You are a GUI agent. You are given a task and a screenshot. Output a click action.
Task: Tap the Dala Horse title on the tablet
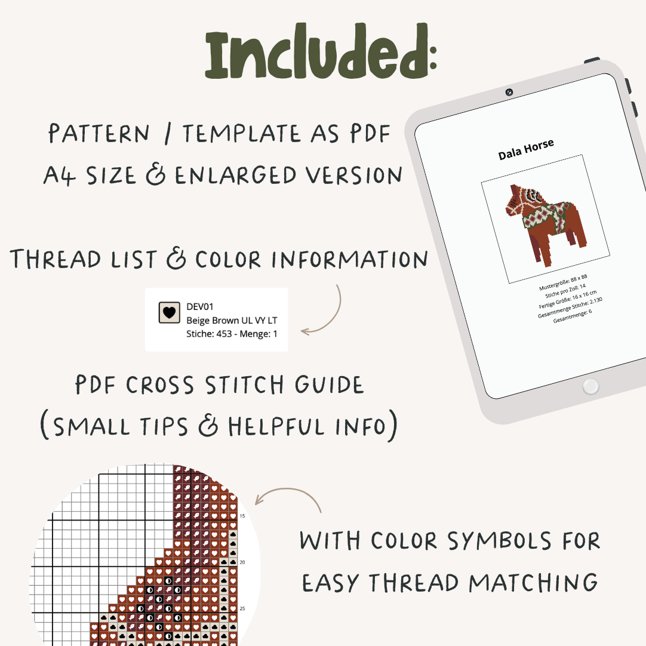click(x=526, y=149)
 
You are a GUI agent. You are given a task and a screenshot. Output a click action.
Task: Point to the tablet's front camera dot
click(x=509, y=93)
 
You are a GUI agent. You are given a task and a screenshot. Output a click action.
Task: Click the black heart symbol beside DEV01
click(x=170, y=312)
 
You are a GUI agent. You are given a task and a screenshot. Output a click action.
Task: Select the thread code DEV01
click(x=200, y=307)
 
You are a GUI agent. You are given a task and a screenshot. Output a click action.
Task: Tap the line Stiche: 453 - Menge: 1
click(x=232, y=334)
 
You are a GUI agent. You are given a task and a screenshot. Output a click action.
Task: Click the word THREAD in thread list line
click(x=53, y=259)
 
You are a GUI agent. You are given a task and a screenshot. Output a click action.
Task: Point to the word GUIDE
click(x=325, y=386)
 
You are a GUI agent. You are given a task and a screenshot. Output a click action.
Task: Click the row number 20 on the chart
click(x=242, y=562)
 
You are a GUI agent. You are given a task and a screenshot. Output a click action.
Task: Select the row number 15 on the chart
click(x=242, y=516)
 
